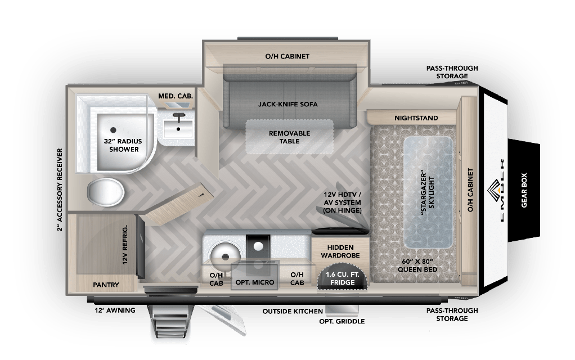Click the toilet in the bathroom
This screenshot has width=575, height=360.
point(107,192)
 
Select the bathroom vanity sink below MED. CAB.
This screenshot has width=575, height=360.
point(179,128)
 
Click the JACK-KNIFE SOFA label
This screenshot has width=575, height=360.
point(288,105)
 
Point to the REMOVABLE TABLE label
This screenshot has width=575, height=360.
point(288,137)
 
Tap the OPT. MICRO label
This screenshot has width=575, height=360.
point(255,282)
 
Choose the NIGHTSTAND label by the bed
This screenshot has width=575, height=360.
point(416,118)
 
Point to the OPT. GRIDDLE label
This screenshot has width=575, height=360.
point(342,321)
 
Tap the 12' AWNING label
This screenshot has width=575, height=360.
point(115,310)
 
